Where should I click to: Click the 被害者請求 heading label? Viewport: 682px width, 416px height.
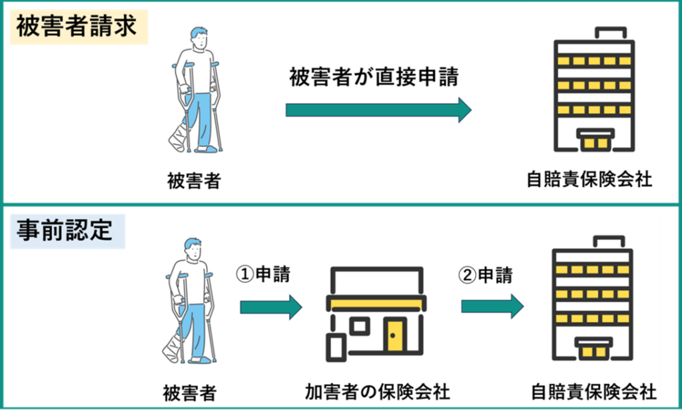coord(77,28)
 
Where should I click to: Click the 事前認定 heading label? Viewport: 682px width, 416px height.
coord(67,231)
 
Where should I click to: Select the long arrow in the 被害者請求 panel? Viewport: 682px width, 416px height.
coord(378,110)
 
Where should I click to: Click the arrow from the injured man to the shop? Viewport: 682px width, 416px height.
coord(270,307)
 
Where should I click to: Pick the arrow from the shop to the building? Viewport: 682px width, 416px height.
coord(492,306)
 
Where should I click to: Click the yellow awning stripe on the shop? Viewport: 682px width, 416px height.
coord(375,304)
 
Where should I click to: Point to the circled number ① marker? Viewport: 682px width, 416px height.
coord(243,274)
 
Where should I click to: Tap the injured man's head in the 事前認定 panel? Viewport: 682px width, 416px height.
coord(192,247)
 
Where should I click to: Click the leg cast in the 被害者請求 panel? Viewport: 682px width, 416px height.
coord(177,138)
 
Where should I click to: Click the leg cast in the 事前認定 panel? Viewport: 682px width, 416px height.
coord(172,350)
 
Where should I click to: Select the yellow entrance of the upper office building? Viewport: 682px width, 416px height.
coord(595,141)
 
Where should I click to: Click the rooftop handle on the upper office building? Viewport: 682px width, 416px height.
coord(611,32)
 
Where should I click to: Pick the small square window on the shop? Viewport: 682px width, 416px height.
coord(360,327)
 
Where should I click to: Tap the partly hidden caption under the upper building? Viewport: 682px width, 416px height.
coord(593,176)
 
